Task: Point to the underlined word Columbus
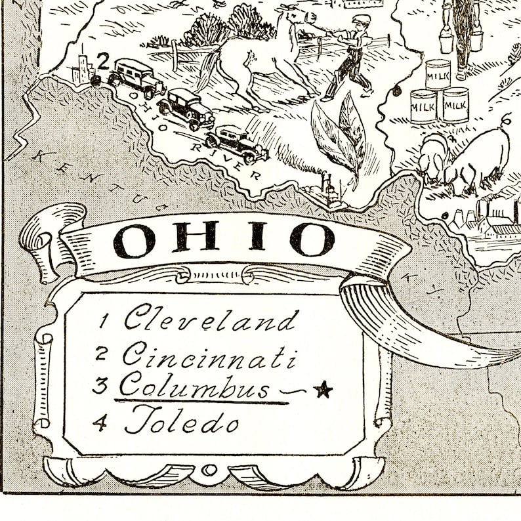point(194,386)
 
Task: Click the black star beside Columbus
point(322,390)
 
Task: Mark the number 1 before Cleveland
point(103,322)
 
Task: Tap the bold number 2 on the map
point(103,60)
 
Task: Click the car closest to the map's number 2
point(136,77)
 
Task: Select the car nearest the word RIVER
point(237,142)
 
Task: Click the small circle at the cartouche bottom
point(209,470)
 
